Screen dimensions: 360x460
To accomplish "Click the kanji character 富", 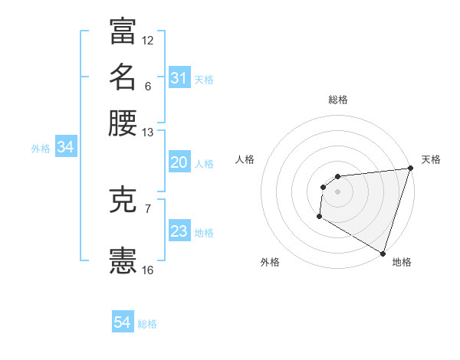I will [123, 31].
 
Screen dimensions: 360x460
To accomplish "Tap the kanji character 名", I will [123, 77].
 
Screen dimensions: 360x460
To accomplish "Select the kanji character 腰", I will [123, 123].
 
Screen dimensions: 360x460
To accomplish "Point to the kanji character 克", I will [123, 200].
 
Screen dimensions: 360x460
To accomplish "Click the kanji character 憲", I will [123, 261].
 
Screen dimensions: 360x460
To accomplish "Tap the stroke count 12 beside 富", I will [148, 40].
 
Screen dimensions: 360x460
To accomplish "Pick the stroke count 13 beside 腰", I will [148, 133].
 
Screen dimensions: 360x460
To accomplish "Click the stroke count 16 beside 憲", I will [148, 270].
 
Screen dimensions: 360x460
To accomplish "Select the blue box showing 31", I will [179, 77].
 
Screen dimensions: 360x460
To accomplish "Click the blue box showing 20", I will [179, 162].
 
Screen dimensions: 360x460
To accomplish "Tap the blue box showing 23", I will [179, 231].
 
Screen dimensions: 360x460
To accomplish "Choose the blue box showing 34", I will [65, 147].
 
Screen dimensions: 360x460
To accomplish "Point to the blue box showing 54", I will [123, 322].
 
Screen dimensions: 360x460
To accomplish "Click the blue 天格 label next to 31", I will [204, 79].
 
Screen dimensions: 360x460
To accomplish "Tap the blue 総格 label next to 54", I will [147, 324].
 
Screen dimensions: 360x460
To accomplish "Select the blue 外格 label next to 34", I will [41, 149].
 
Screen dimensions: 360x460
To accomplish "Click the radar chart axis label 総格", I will [337, 100].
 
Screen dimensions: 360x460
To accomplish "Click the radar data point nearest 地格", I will [382, 253].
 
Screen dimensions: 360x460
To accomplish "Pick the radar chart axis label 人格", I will [245, 159].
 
